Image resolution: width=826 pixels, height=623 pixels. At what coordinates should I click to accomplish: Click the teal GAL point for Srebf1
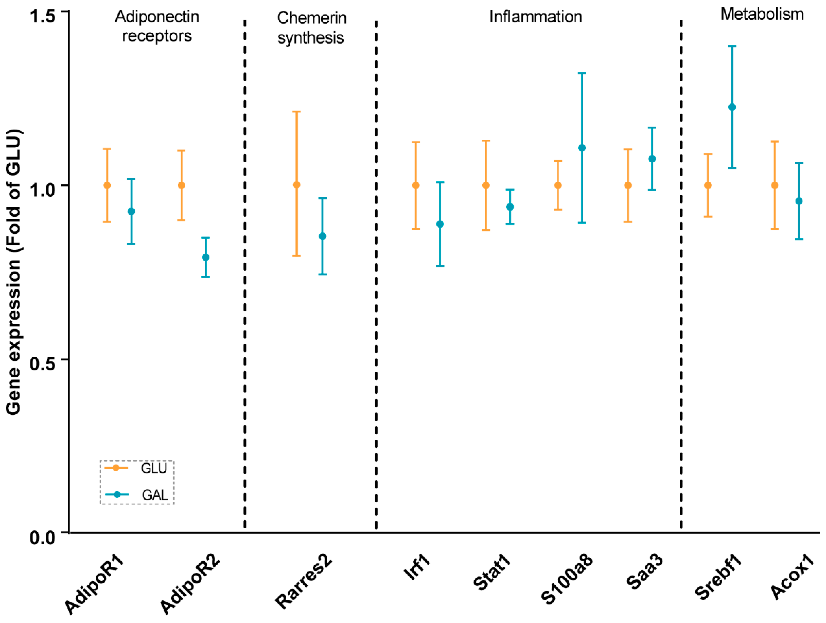(732, 107)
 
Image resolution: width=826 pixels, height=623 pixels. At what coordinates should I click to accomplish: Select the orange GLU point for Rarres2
(296, 185)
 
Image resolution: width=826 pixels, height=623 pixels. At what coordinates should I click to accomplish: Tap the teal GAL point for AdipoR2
(205, 257)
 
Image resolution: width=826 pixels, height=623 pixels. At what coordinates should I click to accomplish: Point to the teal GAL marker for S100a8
(582, 148)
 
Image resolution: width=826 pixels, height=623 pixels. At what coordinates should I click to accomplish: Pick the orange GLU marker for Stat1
(486, 185)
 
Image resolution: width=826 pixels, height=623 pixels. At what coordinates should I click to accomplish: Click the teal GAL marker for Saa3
(652, 159)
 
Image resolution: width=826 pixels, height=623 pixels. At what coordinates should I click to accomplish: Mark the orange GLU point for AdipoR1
(107, 185)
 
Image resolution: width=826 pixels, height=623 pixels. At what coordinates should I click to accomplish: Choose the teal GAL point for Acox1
(799, 201)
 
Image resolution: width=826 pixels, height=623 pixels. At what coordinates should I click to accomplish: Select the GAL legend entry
(136, 495)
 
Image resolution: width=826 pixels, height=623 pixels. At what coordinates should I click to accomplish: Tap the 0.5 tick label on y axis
(43, 363)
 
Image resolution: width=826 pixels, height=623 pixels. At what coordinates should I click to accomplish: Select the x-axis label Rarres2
(303, 581)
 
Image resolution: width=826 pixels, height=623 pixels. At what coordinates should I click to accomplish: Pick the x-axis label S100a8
(566, 579)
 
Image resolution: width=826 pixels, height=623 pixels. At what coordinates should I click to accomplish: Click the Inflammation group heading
(535, 17)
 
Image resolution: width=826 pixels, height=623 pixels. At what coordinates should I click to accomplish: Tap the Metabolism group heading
(762, 14)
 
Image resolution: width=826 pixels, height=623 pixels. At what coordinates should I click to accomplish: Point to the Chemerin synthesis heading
(311, 28)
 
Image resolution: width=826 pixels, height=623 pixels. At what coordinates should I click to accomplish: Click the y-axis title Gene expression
(13, 272)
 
